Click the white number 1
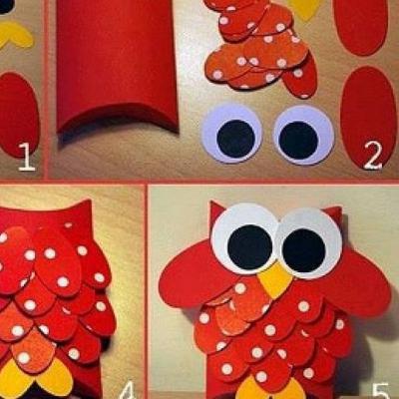point(27,157)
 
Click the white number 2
point(373,155)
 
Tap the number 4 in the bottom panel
point(128,390)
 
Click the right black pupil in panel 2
point(299,141)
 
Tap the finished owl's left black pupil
point(250,246)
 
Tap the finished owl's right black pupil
point(304,249)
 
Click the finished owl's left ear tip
point(211,201)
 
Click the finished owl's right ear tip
point(340,207)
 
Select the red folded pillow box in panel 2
point(117,67)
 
